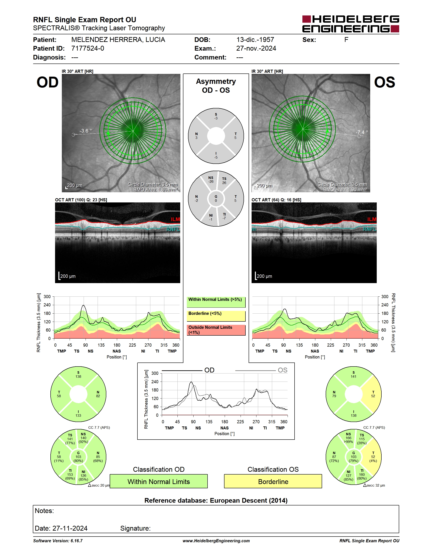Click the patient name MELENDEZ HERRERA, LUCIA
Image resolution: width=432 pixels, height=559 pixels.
tap(118, 40)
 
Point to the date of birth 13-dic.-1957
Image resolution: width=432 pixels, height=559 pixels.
tap(255, 40)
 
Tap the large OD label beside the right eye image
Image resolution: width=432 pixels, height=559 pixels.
tap(48, 82)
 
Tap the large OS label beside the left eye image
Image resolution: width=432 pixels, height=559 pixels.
tap(384, 82)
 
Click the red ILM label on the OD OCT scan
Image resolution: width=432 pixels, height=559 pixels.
tap(175, 219)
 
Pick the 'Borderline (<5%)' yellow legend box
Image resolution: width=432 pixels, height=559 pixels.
tap(216, 316)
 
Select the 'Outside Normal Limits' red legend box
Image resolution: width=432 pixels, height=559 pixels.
tap(216, 330)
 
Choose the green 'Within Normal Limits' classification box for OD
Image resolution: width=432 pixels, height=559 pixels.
tap(159, 481)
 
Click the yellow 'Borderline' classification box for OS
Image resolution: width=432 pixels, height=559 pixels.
tap(273, 481)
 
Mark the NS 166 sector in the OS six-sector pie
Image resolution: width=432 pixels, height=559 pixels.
tap(348, 438)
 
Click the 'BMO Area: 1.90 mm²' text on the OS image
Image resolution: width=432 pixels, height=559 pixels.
tap(345, 190)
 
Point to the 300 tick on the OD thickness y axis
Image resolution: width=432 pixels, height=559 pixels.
tap(47, 297)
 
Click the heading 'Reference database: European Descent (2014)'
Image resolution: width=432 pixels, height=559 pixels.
tap(216, 500)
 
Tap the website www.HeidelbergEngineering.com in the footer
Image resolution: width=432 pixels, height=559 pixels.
tap(216, 541)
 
